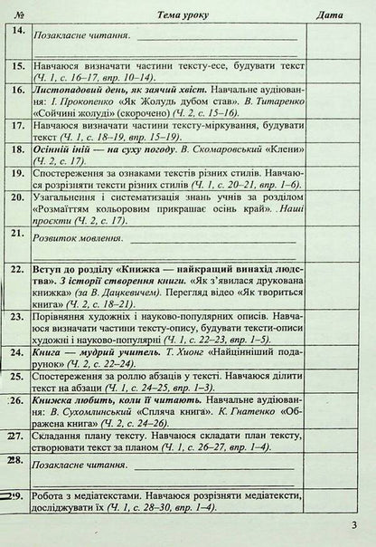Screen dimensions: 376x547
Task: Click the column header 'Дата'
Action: (332, 13)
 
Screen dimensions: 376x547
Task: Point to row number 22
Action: (16, 269)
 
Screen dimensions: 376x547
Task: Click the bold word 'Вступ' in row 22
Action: (49, 270)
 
